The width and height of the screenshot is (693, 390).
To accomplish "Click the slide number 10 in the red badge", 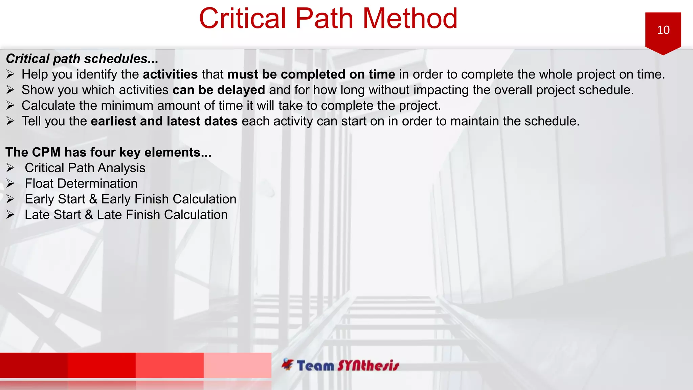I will [663, 30].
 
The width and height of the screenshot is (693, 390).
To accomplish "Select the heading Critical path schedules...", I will [82, 59].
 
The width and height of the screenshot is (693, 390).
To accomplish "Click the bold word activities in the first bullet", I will [170, 74].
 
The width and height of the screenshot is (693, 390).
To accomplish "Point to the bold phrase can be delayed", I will [219, 90].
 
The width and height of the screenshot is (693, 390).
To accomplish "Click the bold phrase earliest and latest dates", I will [164, 121].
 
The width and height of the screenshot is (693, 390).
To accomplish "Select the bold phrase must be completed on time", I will [311, 74].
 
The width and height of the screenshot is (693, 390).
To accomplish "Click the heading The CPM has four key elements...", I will [108, 152].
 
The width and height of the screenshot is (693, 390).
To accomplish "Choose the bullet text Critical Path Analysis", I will [85, 168].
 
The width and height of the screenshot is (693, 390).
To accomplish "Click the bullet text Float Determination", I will [81, 183].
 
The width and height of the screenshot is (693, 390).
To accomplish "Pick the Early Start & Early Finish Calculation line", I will [130, 199].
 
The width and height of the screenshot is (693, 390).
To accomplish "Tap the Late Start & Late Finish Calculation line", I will [126, 215].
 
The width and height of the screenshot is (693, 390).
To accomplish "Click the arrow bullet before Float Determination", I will [10, 183].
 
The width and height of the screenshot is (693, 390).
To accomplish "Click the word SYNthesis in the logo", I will [368, 366].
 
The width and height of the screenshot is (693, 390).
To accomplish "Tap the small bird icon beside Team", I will [288, 364].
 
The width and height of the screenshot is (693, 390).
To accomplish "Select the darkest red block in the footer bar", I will [34, 365].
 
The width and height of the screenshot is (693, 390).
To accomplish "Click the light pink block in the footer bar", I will [237, 365].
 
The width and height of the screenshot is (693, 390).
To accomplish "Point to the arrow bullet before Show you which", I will [10, 90].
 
